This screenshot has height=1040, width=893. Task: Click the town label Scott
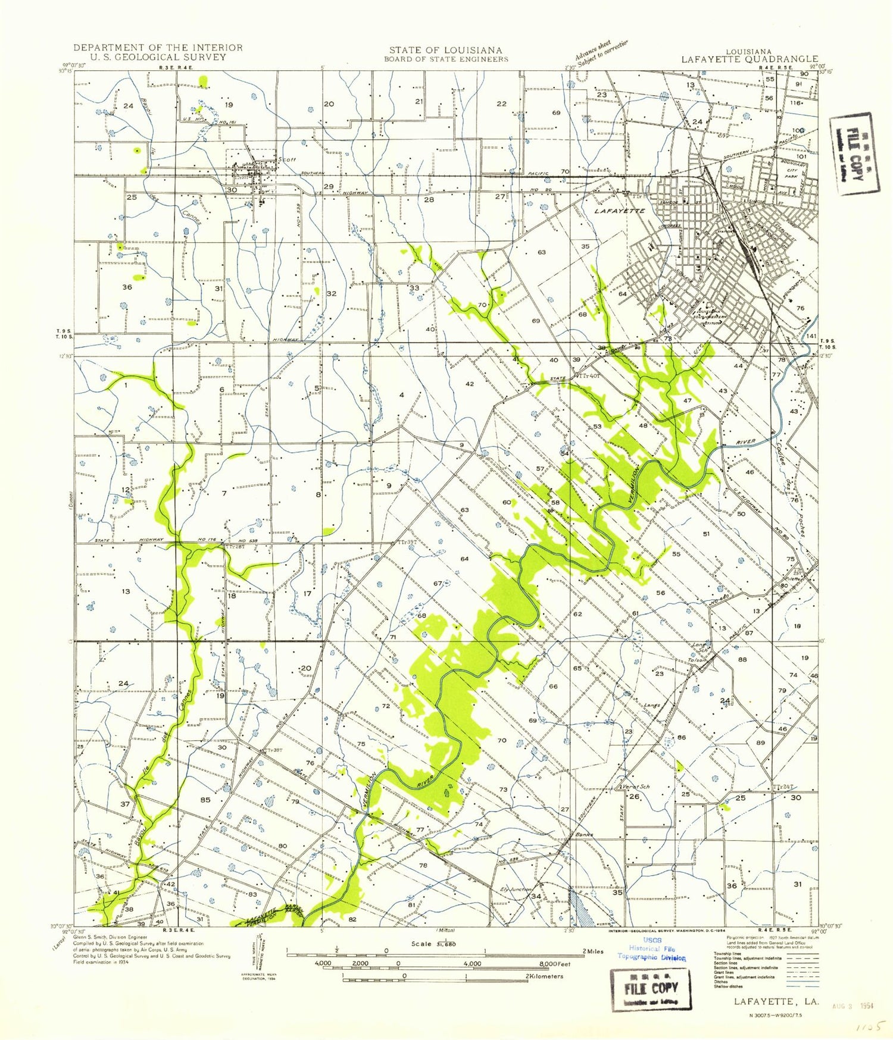pos(287,160)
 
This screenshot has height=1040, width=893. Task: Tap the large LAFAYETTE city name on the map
pos(620,211)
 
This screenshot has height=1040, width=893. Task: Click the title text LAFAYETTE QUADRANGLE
pos(750,59)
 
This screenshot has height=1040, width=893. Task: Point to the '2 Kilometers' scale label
pos(545,976)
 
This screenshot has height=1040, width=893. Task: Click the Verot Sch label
pos(635,787)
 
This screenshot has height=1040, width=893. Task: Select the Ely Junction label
pos(516,889)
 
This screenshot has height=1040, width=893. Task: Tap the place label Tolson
pos(697,660)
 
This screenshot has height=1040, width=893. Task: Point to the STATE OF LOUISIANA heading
pos(446,51)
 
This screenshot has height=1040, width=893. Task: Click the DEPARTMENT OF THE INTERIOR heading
pos(158,48)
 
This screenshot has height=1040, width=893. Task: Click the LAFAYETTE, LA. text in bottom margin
pos(776,1001)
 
